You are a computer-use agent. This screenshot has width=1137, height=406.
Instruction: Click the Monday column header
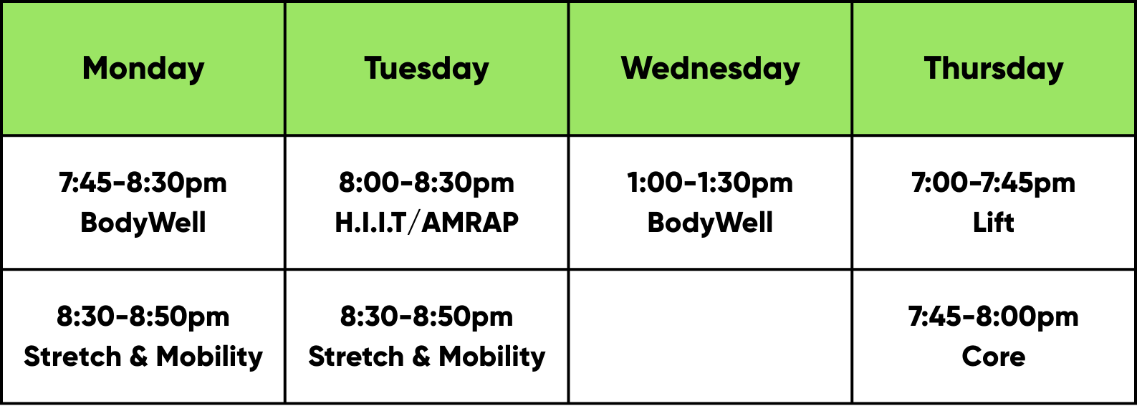(x=143, y=69)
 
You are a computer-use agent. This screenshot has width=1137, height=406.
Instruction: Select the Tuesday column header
(x=426, y=69)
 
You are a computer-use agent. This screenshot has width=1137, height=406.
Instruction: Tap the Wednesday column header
(x=710, y=69)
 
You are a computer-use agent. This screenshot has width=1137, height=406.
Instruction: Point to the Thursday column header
(x=993, y=69)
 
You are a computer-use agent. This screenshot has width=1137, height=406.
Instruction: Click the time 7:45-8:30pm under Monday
(x=143, y=183)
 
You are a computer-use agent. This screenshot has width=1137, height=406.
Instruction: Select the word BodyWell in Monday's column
(x=143, y=223)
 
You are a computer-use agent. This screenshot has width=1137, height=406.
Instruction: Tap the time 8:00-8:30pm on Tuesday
(x=426, y=183)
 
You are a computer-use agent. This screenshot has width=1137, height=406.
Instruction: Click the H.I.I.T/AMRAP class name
(x=426, y=223)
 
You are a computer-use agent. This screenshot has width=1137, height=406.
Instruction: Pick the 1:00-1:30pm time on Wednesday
(x=709, y=183)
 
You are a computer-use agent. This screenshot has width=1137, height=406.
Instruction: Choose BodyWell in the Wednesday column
(x=710, y=223)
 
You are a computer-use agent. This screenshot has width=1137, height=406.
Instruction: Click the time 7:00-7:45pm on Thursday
(x=993, y=183)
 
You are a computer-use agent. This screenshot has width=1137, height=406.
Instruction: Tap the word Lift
(x=993, y=223)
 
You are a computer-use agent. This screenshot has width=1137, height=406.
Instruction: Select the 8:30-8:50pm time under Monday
(x=143, y=317)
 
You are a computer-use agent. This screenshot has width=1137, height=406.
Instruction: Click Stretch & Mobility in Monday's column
(x=143, y=357)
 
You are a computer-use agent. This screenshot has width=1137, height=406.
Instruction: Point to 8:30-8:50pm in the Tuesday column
(x=426, y=317)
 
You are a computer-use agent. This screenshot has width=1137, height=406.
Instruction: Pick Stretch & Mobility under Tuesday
(x=426, y=357)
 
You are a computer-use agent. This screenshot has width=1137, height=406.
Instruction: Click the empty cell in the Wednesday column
(x=710, y=337)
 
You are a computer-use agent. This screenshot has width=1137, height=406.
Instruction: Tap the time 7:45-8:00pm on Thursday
(x=993, y=317)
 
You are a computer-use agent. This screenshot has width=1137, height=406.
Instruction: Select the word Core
(x=993, y=357)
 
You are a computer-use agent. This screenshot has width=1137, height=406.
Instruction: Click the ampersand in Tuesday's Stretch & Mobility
(x=421, y=357)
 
